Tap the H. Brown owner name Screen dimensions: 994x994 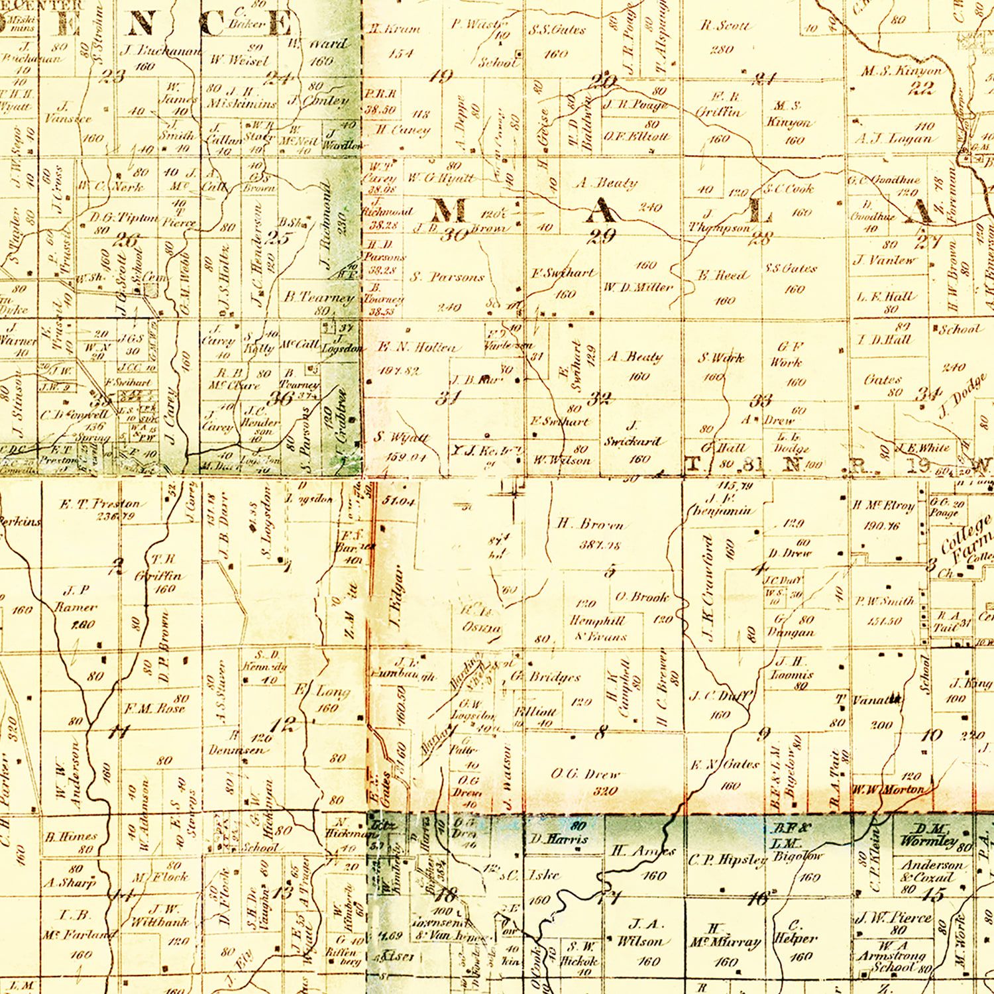point(590,524)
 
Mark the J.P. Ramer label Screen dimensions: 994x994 point(76,598)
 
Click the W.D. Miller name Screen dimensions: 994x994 point(637,287)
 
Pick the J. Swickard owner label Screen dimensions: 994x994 point(632,434)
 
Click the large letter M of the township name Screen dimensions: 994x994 point(451,211)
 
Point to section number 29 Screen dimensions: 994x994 point(602,236)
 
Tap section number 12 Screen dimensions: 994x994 point(282,724)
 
